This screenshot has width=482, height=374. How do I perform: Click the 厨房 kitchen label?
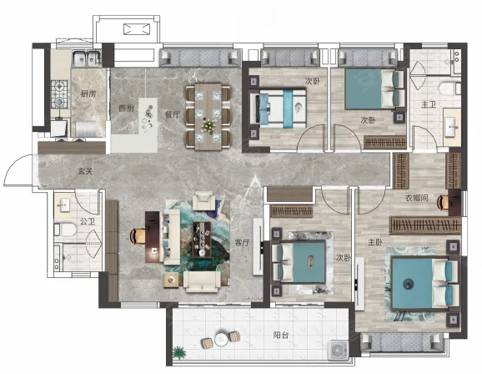click(88, 93)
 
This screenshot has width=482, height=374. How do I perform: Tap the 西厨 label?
click(126, 109)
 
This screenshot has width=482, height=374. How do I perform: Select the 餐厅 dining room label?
click(172, 115)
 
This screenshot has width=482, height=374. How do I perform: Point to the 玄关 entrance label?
click(85, 171)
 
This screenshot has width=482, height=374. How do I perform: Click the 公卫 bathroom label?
click(88, 221)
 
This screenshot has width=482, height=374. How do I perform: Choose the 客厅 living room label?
click(242, 243)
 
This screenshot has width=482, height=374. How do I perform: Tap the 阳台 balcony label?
click(281, 335)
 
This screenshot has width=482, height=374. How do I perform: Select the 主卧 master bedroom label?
click(375, 243)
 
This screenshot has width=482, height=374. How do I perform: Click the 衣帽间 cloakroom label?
click(416, 198)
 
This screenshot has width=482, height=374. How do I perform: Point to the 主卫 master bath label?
click(429, 104)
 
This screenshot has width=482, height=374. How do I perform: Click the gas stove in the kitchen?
click(59, 94)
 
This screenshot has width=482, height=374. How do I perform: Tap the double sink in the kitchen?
click(87, 58)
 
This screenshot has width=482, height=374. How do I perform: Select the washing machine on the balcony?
click(338, 350)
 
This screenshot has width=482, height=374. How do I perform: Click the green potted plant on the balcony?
click(178, 353)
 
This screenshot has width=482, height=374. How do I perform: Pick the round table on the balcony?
click(221, 340)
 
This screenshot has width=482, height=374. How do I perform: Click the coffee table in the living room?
click(202, 240)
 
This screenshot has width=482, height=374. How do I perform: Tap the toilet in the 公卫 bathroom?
click(65, 230)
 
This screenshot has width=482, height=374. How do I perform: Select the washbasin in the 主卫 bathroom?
click(452, 127)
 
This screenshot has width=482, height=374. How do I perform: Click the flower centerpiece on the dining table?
click(208, 126)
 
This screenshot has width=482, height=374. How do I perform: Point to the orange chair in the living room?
click(138, 235)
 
